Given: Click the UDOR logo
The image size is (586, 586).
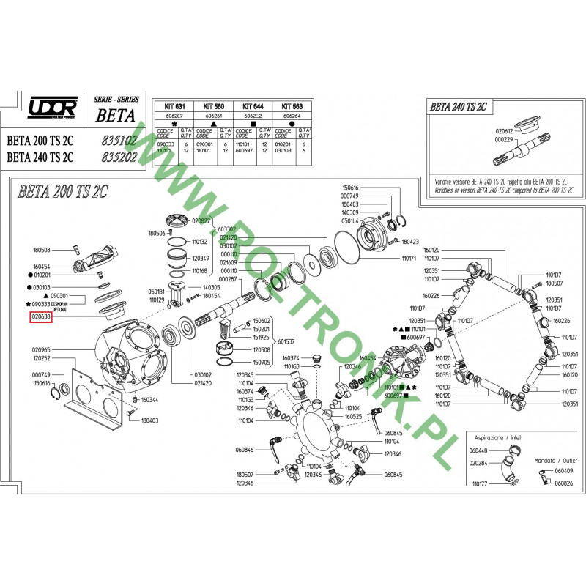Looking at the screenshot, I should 51,108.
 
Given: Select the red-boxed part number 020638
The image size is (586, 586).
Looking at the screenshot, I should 40,317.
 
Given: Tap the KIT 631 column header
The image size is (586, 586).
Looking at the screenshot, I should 174,106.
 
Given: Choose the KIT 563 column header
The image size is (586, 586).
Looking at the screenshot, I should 293,106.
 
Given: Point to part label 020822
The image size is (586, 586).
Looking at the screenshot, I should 201,220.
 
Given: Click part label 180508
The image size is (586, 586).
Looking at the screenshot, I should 41,250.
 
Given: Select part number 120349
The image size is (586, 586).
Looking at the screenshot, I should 201,259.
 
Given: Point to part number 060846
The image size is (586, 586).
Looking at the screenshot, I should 244,449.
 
